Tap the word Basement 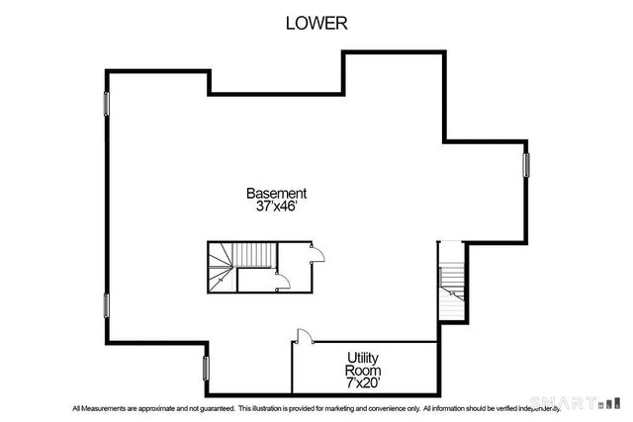point(276,194)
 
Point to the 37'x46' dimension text point(276,208)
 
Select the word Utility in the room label point(363,356)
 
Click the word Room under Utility point(363,369)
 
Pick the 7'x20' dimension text point(363,381)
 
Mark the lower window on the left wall point(106,305)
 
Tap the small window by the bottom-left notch point(206,368)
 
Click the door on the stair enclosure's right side point(318,255)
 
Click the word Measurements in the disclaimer point(103,408)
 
